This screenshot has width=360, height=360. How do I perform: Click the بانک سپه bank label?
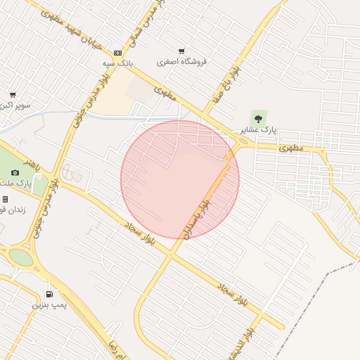118,63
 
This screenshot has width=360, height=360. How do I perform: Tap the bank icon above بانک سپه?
117,53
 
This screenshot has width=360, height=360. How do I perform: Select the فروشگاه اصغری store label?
181,62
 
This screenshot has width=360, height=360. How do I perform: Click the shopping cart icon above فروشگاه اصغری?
181,51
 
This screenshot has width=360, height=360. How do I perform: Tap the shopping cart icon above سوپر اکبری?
13,95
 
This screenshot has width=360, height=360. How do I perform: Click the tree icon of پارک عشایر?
258,119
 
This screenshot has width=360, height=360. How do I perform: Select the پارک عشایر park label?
259,130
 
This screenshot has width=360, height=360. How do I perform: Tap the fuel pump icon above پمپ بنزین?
49,294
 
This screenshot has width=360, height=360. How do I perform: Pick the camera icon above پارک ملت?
15,173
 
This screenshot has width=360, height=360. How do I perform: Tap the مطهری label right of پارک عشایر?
290,148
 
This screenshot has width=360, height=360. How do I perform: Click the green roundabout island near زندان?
20,257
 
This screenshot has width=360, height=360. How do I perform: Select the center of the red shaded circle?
180,180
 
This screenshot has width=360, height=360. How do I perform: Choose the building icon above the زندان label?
5,199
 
